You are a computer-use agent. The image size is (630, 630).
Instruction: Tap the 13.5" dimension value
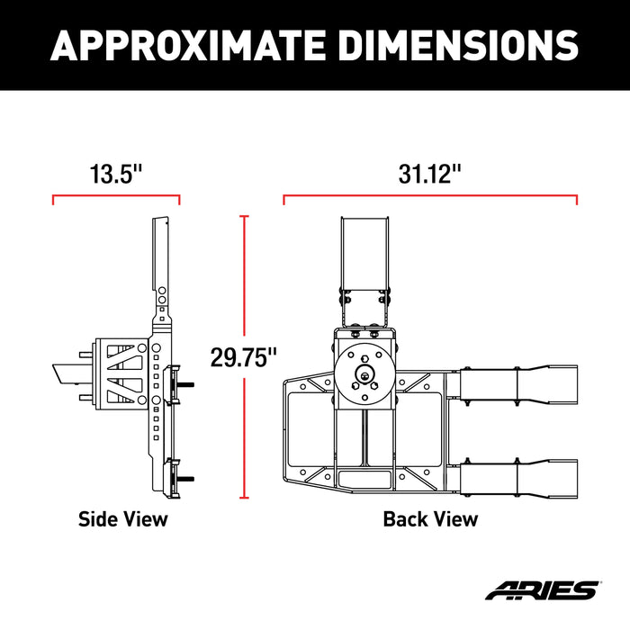point(116,175)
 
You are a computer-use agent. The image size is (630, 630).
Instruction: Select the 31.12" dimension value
point(430,175)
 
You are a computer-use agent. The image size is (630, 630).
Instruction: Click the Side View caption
point(122,519)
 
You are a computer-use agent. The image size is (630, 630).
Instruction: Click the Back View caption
point(430,519)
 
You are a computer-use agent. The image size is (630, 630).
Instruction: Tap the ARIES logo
point(541,591)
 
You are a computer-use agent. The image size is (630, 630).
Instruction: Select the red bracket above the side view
point(116,195)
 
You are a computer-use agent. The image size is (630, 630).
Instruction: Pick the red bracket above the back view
point(430,195)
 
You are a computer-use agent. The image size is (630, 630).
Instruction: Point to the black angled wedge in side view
point(70,373)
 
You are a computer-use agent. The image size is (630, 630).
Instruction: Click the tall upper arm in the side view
point(162,261)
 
